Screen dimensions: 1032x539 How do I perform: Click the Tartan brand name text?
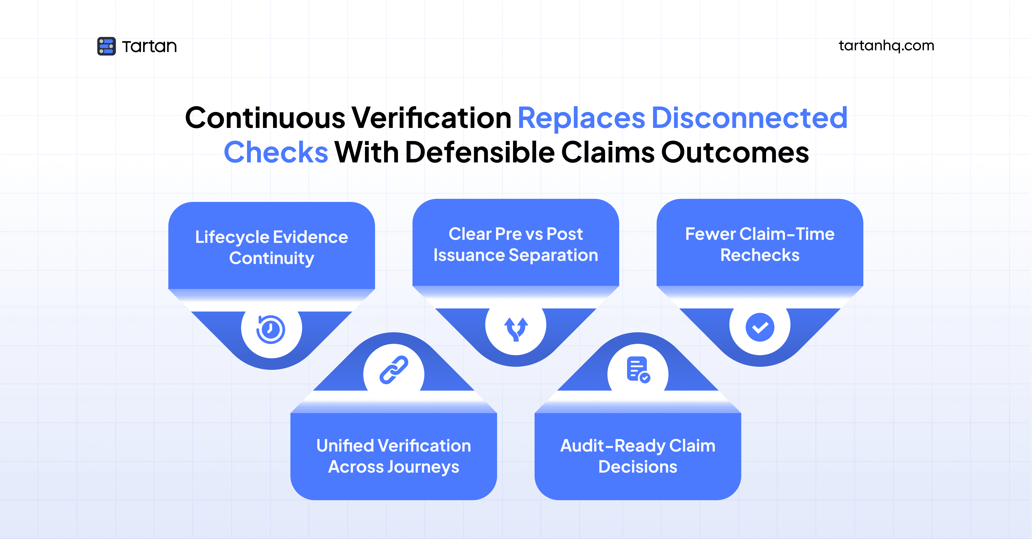149,46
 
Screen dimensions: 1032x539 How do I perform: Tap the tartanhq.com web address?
886,46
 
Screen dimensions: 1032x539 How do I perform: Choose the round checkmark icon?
760,327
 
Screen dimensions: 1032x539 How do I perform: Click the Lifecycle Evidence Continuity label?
272,247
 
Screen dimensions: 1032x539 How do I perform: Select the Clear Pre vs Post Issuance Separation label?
516,244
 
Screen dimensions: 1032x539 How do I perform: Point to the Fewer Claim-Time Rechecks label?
760,244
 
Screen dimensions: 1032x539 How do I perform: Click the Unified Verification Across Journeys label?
393,456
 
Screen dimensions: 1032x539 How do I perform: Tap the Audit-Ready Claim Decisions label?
638,456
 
